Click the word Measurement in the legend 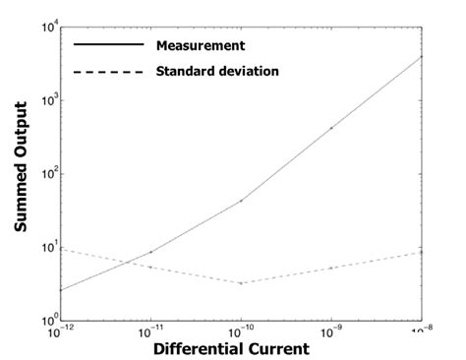pyautogui.click(x=201, y=44)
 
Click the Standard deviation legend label pyautogui.click(x=217, y=72)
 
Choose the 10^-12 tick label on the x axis pyautogui.click(x=61, y=331)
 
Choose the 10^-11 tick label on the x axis pyautogui.click(x=150, y=331)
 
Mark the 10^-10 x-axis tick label pyautogui.click(x=241, y=331)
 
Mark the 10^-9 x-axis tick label pyautogui.click(x=331, y=331)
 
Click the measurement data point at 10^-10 pyautogui.click(x=241, y=201)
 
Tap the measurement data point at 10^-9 pyautogui.click(x=331, y=128)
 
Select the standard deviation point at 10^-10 pyautogui.click(x=241, y=283)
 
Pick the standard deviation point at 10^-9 pyautogui.click(x=331, y=268)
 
